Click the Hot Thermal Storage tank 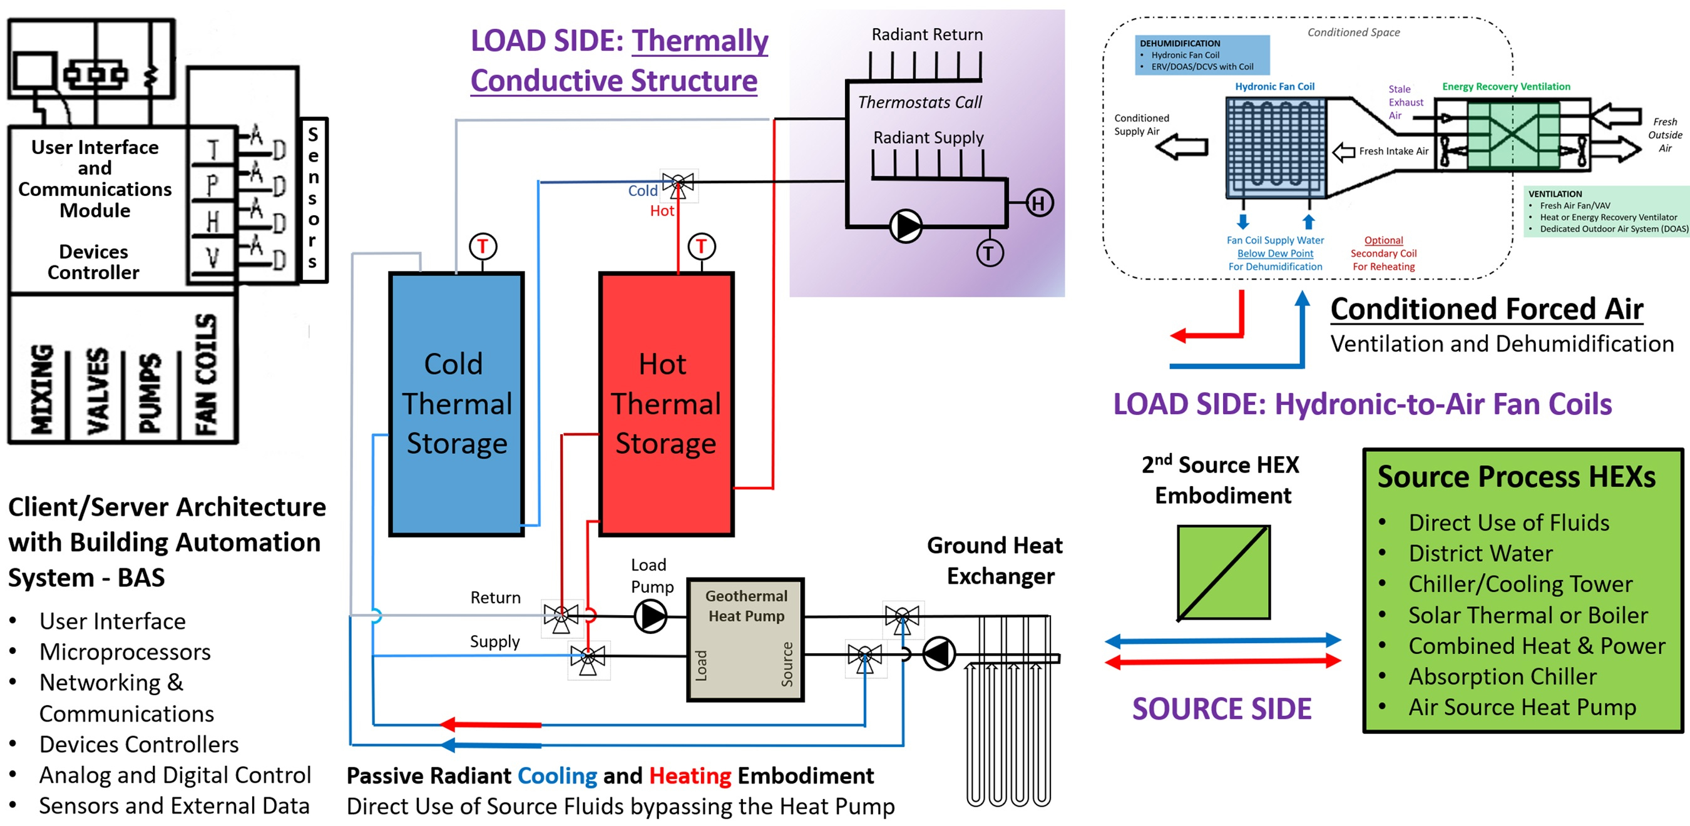pos(666,404)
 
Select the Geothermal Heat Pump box pos(745,640)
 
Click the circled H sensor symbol pos(1039,203)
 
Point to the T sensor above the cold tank pos(483,247)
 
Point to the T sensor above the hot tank pos(701,247)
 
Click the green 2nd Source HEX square pos(1223,572)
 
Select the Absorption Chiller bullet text pos(1502,676)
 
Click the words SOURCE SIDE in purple pos(1222,709)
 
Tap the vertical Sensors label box pos(314,200)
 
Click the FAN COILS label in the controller pos(205,374)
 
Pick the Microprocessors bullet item pos(125,652)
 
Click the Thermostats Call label pos(919,103)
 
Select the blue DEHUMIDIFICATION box pos(1202,55)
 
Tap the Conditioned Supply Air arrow pos(1182,148)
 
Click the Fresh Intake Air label pos(1393,151)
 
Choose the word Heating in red pos(690,776)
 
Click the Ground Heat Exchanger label pos(995,561)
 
